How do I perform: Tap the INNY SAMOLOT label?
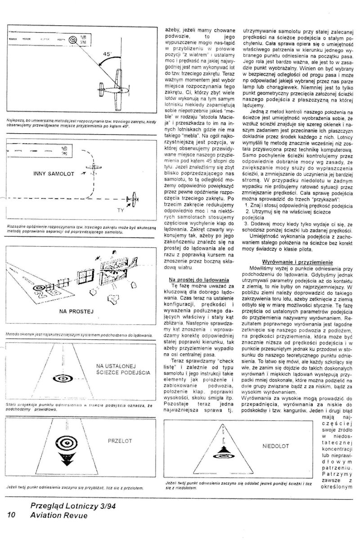point(54,173)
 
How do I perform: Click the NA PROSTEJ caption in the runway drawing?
point(76,311)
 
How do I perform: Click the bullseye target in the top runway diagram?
point(72,39)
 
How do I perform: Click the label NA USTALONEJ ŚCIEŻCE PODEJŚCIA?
point(123,369)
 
